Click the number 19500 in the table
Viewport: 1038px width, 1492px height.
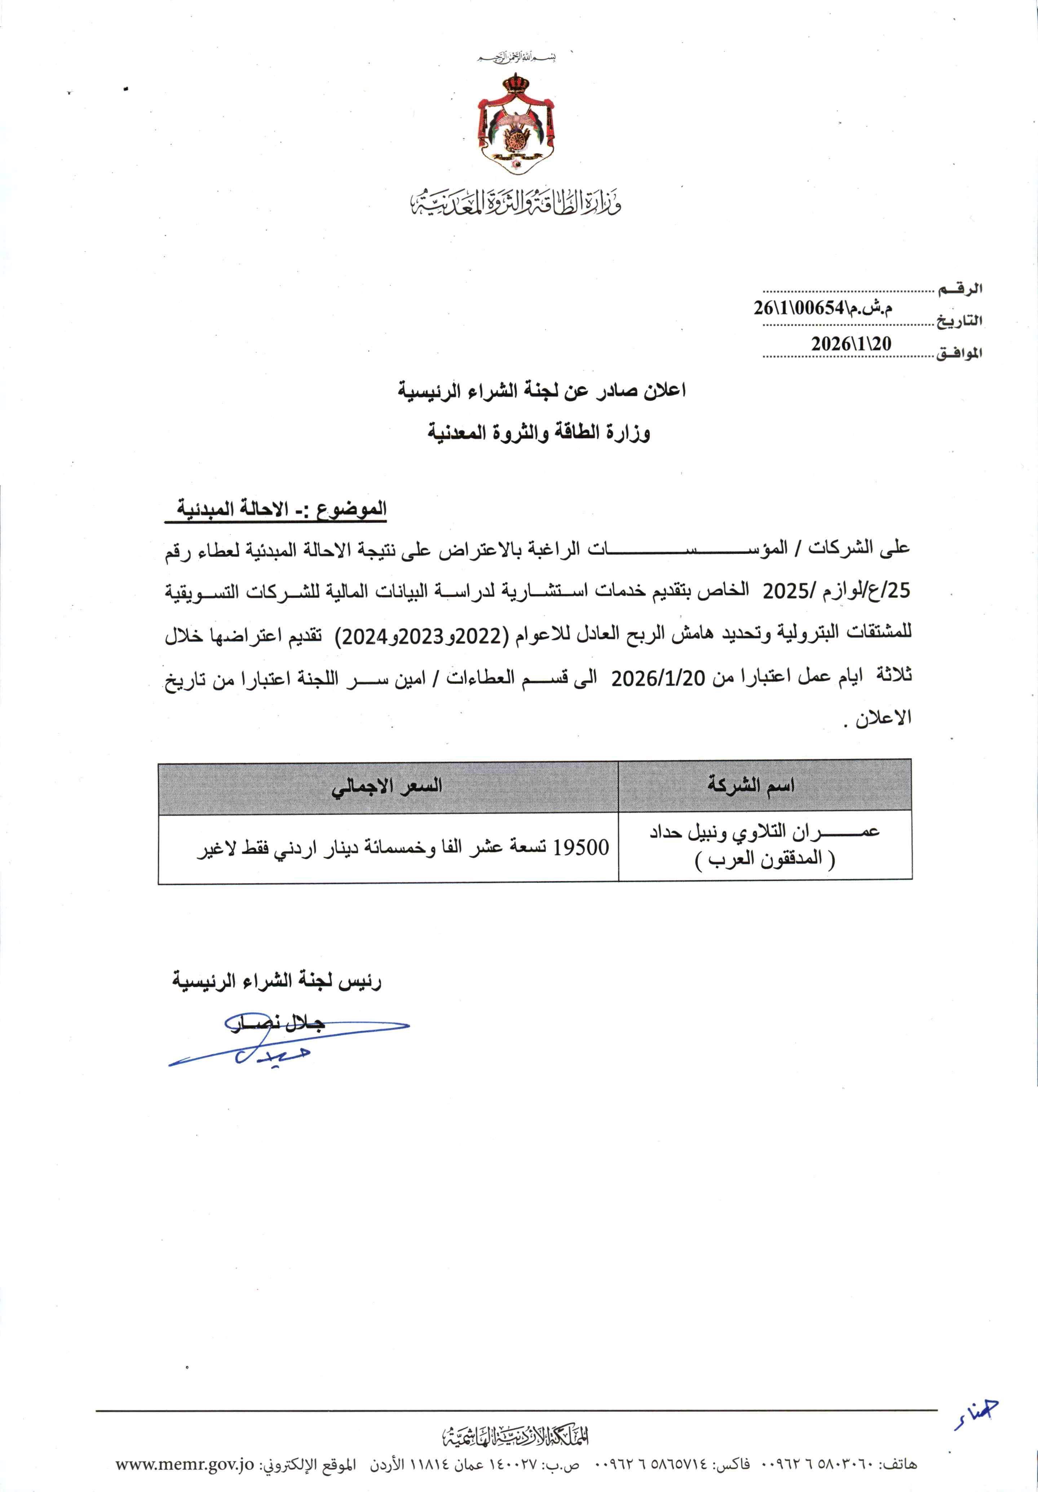click(581, 847)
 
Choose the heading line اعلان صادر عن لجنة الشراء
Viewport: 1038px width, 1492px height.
click(542, 391)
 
